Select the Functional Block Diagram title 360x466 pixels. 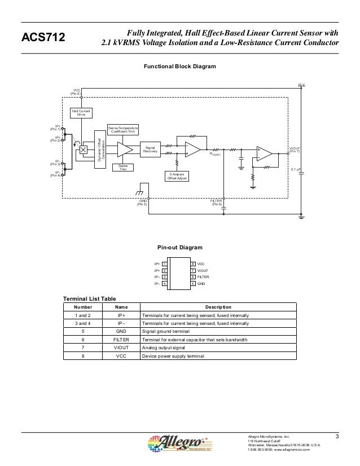[x=179, y=67]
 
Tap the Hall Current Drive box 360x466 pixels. [x=81, y=113]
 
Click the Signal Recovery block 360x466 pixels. [x=150, y=149]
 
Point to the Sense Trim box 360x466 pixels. [x=123, y=167]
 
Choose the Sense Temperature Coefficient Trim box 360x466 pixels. [x=123, y=130]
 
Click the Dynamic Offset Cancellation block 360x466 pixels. [x=100, y=147]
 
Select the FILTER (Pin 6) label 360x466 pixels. [x=217, y=202]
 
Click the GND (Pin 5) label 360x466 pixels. [x=142, y=202]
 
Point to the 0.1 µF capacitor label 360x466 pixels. [x=295, y=169]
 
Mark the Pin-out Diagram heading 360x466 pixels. [x=179, y=248]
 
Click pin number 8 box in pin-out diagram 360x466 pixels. [x=192, y=263]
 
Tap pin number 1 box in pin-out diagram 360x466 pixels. [x=164, y=263]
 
